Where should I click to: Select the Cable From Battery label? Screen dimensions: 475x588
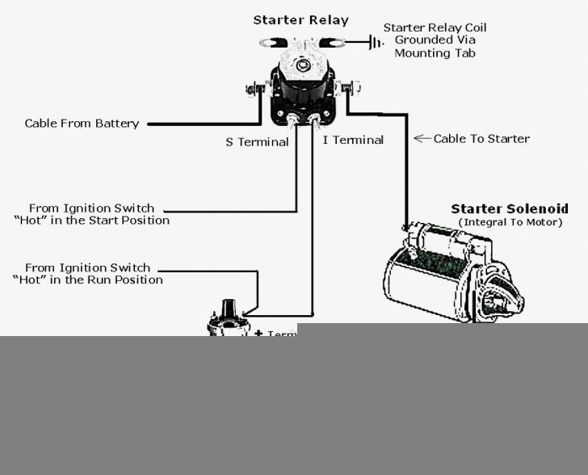tap(82, 124)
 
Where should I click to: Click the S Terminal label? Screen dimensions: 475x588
tap(257, 142)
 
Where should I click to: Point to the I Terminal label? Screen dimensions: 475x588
tap(353, 141)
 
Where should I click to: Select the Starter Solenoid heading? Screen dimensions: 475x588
tap(509, 208)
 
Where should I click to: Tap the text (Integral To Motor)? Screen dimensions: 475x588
tap(510, 221)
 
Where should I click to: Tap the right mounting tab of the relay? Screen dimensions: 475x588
tap(333, 41)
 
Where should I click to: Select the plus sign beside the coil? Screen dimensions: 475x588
tap(258, 333)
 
